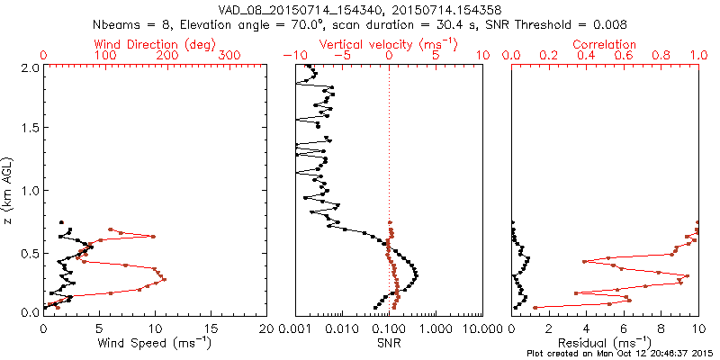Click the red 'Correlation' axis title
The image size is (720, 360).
coord(605,44)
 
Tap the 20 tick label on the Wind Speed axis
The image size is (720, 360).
coord(267,328)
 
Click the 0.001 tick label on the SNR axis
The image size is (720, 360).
coord(295,328)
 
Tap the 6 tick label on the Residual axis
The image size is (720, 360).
coord(624,328)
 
